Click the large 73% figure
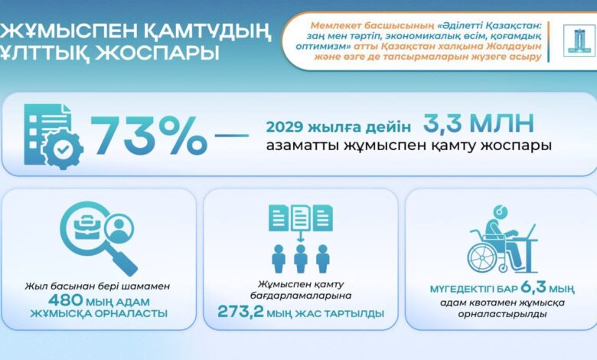[x=148, y=136]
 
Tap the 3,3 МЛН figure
[x=478, y=123]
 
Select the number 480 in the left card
[x=65, y=300]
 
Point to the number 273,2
[x=240, y=312]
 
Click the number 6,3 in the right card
[x=533, y=287]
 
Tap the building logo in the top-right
[x=578, y=41]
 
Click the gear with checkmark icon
[x=63, y=149]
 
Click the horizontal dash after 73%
[x=232, y=135]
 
